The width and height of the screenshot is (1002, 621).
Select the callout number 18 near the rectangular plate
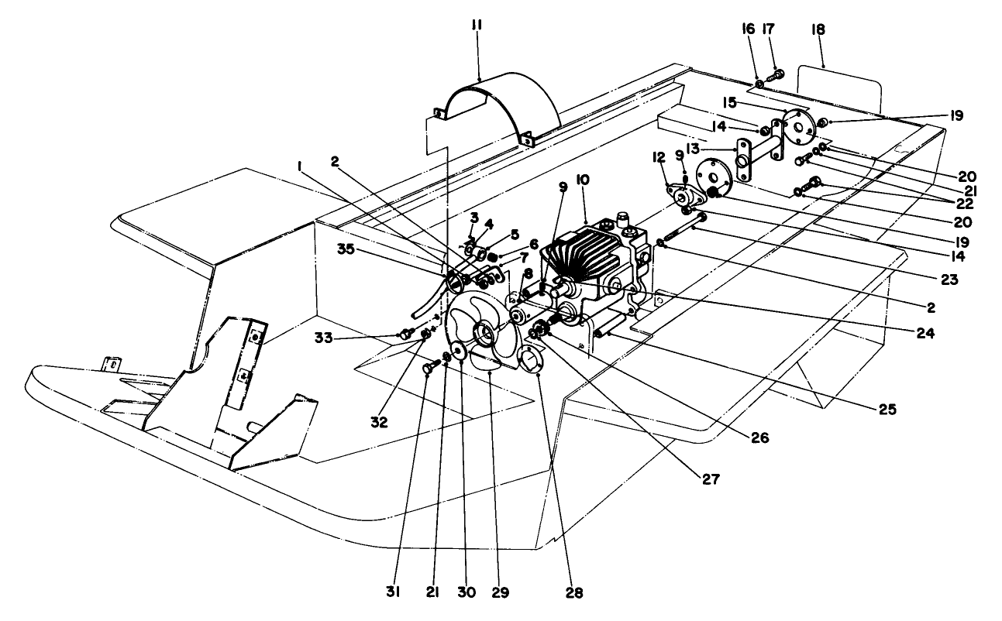(x=818, y=29)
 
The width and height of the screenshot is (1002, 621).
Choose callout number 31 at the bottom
(x=392, y=592)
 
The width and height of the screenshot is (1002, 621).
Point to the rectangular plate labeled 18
(x=841, y=87)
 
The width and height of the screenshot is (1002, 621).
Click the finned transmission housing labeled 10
(x=593, y=259)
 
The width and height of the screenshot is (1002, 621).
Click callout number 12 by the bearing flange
(x=660, y=159)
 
